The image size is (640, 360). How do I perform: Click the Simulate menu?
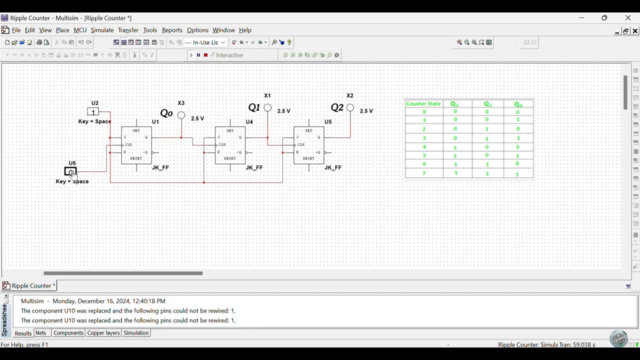(x=102, y=30)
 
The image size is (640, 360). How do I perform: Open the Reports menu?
(x=172, y=30)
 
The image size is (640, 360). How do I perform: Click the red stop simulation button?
(x=205, y=55)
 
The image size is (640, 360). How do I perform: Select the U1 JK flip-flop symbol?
(x=136, y=145)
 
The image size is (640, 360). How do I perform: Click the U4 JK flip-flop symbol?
(x=230, y=145)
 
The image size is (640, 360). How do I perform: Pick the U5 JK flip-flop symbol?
(x=309, y=145)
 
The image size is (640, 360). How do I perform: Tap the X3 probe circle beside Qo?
(x=181, y=115)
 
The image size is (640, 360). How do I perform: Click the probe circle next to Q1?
(x=268, y=107)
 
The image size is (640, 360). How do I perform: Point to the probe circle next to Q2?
(x=350, y=107)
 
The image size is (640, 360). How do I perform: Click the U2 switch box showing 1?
(x=93, y=112)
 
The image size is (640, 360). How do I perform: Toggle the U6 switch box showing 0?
(x=70, y=172)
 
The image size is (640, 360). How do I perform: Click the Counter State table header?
(x=423, y=104)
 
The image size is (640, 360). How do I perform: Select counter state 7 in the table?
(x=424, y=173)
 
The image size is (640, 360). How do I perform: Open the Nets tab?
(x=41, y=333)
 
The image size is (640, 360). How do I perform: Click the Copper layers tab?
(x=103, y=333)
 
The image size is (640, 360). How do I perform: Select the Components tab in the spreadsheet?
(x=68, y=333)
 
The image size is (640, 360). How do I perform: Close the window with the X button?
(x=628, y=18)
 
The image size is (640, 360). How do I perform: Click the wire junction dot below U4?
(x=204, y=182)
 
